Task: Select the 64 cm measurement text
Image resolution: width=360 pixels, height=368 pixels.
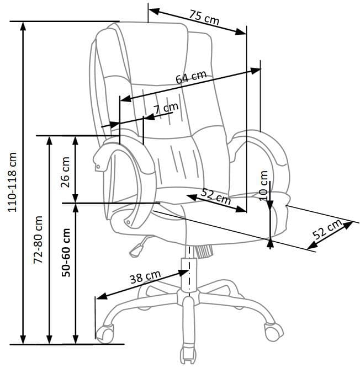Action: tap(191, 77)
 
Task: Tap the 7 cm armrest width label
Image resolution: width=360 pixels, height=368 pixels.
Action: tap(166, 108)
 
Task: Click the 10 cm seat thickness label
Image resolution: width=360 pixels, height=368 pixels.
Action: tap(263, 185)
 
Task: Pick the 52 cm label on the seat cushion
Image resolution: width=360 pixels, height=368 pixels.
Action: tap(216, 196)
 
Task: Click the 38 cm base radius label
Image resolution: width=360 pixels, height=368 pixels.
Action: tap(145, 277)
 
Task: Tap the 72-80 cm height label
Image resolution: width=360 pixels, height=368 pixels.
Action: tap(39, 239)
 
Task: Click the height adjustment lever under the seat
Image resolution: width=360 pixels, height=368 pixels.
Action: tap(136, 248)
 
